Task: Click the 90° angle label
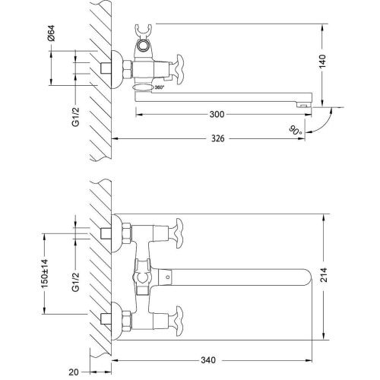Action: pyautogui.click(x=295, y=129)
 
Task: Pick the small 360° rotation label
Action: pyautogui.click(x=159, y=87)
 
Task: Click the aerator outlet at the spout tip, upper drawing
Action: pyautogui.click(x=303, y=103)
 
